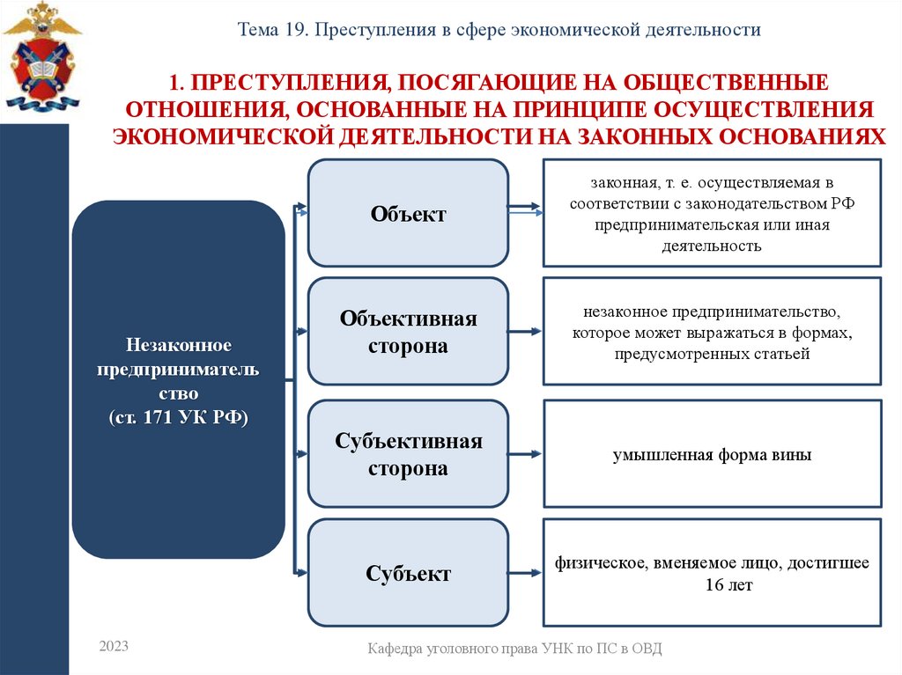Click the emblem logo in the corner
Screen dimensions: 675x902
coord(41,56)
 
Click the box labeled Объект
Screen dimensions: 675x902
coord(408,213)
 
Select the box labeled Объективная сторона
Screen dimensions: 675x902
coord(408,332)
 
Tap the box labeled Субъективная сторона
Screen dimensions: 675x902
coord(408,454)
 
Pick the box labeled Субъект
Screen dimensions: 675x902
coord(408,574)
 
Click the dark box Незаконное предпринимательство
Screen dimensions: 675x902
coord(178,378)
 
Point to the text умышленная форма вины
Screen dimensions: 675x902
coord(712,456)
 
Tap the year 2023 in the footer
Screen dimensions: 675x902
coord(114,647)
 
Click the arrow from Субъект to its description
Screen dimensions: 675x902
coord(525,574)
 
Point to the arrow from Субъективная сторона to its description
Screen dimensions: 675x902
coord(525,454)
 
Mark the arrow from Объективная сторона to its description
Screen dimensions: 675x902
coord(525,332)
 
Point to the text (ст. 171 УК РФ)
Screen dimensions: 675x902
coord(178,416)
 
